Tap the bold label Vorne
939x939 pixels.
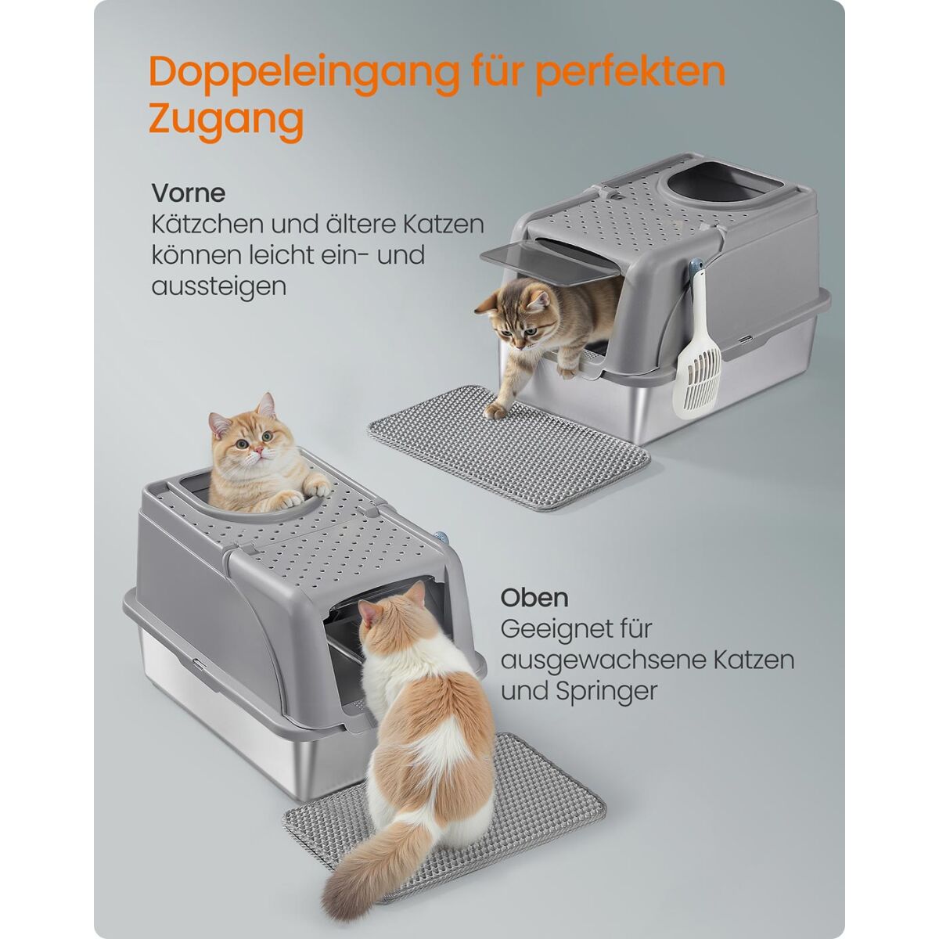189,193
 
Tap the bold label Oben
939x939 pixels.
534,598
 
